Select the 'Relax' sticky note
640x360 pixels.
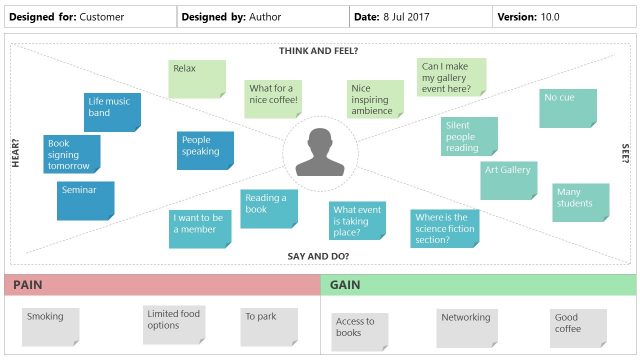pyautogui.click(x=196, y=79)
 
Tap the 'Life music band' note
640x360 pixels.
pyautogui.click(x=112, y=112)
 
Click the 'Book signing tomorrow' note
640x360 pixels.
pyautogui.click(x=72, y=154)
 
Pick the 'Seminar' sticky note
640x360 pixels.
pyautogui.click(x=85, y=199)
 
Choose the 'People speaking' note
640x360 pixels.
pyautogui.click(x=205, y=150)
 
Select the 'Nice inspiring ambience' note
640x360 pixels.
pyautogui.click(x=375, y=100)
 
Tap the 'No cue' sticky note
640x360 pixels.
pyautogui.click(x=567, y=108)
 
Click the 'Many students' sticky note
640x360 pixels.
pyautogui.click(x=580, y=202)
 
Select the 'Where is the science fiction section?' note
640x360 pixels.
pyautogui.click(x=444, y=227)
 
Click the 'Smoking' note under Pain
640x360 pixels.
pyautogui.click(x=51, y=325)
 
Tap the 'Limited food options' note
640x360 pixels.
pyautogui.click(x=173, y=324)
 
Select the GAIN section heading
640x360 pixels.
pyautogui.click(x=344, y=285)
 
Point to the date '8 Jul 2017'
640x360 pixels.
pyautogui.click(x=410, y=17)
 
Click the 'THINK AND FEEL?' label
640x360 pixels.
pyautogui.click(x=318, y=50)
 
